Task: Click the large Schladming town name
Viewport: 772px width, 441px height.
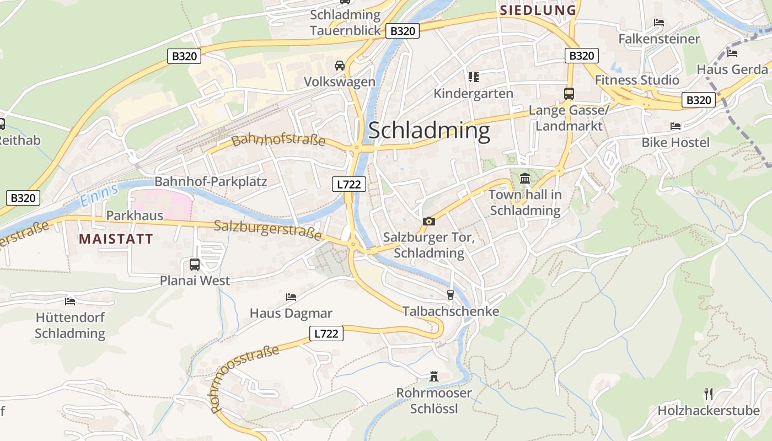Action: [x=428, y=131]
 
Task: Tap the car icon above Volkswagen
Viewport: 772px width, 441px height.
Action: [x=340, y=66]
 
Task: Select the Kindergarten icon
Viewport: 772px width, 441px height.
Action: [x=473, y=77]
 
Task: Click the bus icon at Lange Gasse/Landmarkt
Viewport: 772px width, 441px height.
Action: [x=569, y=94]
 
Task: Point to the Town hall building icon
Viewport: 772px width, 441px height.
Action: [x=524, y=179]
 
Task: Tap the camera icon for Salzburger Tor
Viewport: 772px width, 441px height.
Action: [x=428, y=221]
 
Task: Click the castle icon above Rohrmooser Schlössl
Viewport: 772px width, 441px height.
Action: [x=434, y=377]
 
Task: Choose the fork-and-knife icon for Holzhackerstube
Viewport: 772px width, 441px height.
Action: [x=709, y=394]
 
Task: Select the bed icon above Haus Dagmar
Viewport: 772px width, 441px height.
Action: [x=291, y=297]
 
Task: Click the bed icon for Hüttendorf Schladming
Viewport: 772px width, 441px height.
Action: [x=70, y=301]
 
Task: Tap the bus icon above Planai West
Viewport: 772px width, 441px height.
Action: [x=195, y=264]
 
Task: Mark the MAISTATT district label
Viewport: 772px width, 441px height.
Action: [x=116, y=239]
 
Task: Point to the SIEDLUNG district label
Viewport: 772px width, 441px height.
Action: [x=538, y=10]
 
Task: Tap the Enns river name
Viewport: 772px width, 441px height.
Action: [x=99, y=196]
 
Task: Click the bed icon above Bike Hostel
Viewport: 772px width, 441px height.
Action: [x=675, y=126]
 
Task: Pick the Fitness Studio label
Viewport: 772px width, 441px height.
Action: [x=637, y=80]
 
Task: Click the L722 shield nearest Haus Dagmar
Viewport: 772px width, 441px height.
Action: [x=326, y=333]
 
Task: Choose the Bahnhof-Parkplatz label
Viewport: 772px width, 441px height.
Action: [x=211, y=181]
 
